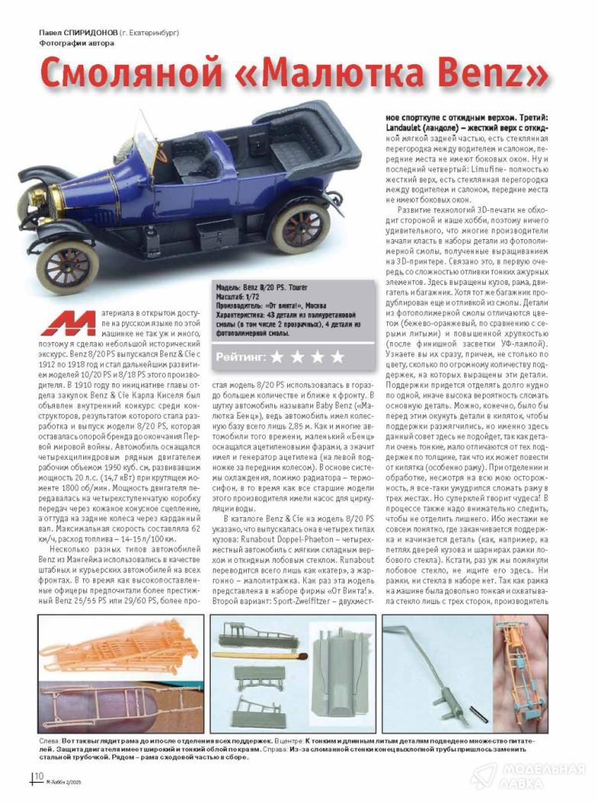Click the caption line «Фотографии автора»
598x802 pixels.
click(77, 43)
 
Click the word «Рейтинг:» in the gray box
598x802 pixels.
click(241, 357)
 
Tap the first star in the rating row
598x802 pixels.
click(276, 357)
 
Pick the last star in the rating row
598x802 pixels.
click(337, 357)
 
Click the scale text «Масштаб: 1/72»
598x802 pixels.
click(239, 296)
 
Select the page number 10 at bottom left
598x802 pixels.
click(38, 778)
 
